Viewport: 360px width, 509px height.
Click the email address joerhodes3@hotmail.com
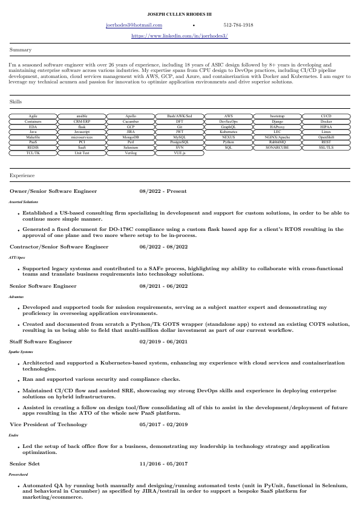click(134, 25)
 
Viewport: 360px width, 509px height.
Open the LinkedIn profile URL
click(180, 36)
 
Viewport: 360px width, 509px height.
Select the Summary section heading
click(21, 50)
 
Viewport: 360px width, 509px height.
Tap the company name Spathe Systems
click(21, 351)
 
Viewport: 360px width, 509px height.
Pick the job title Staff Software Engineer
click(41, 342)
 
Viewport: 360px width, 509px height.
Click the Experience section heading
click(22, 175)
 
